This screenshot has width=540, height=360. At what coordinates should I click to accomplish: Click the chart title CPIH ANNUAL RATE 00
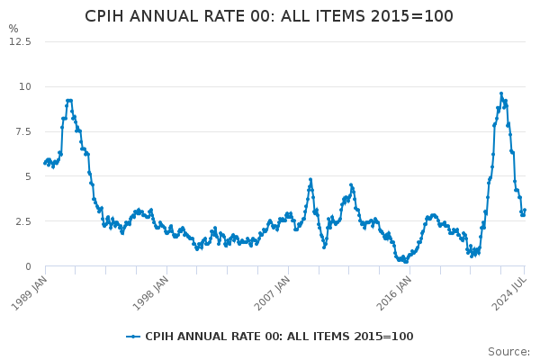[269, 16]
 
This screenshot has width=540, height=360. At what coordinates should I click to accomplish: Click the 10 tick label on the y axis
[25, 86]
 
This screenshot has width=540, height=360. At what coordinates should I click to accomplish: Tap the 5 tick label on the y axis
[28, 176]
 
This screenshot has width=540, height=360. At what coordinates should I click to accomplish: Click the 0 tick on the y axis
[28, 266]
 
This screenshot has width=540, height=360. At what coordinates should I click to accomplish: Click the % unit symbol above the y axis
[13, 29]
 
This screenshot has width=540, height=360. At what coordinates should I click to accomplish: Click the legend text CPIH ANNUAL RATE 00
[279, 337]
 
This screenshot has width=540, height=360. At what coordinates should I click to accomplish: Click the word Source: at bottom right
[508, 352]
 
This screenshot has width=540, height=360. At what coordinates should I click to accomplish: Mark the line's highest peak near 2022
[501, 94]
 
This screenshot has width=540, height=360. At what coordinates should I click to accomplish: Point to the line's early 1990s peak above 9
[68, 101]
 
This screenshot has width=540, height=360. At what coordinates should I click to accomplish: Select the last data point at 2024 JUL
[525, 211]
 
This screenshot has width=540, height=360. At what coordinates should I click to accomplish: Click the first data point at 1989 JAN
[45, 164]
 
